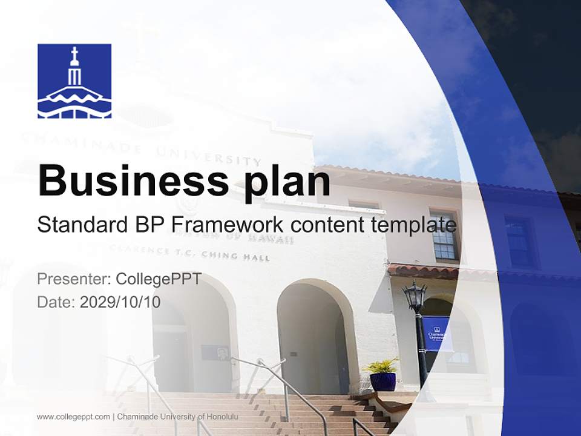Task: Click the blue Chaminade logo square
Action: [74, 81]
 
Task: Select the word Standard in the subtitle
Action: [79, 225]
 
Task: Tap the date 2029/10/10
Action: [120, 302]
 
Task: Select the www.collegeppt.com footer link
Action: [73, 417]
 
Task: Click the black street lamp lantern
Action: [415, 297]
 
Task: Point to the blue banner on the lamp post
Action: [437, 333]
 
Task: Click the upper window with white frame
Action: [444, 236]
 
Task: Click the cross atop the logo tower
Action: [74, 54]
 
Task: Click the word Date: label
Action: [56, 302]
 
